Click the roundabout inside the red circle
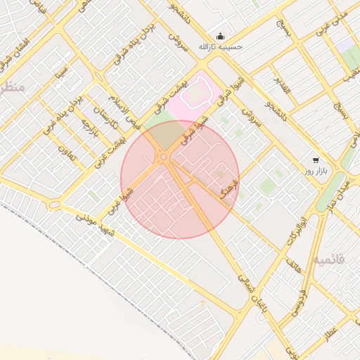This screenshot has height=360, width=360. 164,157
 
